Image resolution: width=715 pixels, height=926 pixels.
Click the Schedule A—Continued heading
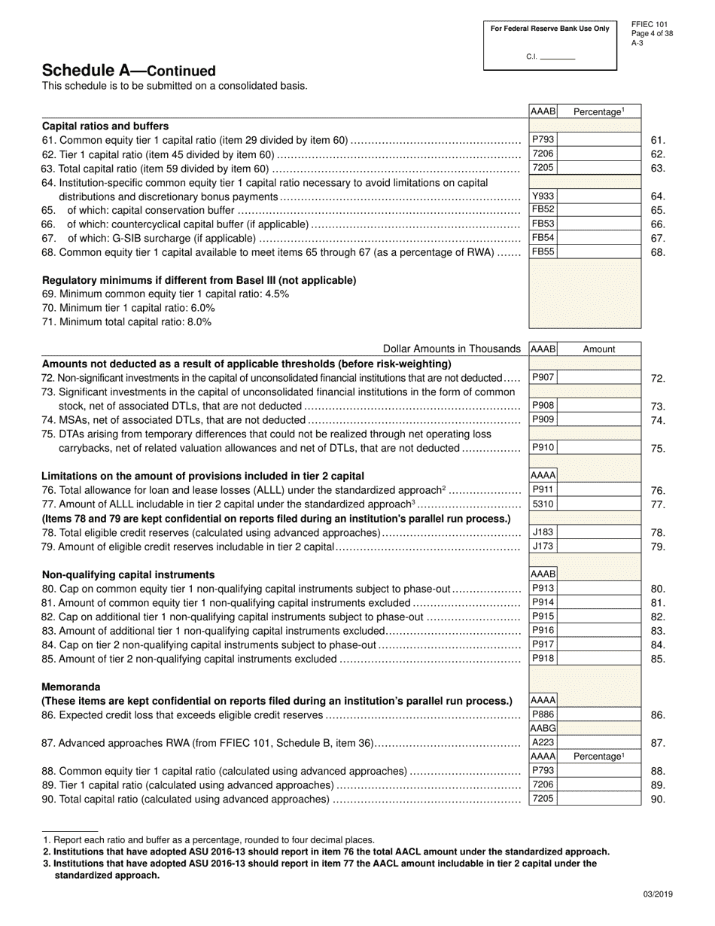pos(129,71)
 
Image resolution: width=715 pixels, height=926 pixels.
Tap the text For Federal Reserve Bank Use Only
pos(549,29)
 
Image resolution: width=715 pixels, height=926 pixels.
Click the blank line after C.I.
pos(558,58)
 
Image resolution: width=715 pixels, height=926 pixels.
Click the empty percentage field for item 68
pos(599,252)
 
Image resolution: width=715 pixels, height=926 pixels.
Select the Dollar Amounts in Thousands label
pos(452,349)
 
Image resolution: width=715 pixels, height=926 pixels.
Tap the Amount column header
pos(599,349)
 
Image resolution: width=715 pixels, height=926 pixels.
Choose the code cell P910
pos(543,447)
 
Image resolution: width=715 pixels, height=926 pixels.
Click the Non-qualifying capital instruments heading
pos(128,574)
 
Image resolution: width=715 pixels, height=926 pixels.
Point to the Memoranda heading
pos(71,687)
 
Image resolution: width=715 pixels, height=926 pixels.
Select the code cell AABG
pos(543,729)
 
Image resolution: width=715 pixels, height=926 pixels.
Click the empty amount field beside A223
pos(599,742)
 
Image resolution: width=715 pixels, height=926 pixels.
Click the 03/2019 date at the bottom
pos(658,894)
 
